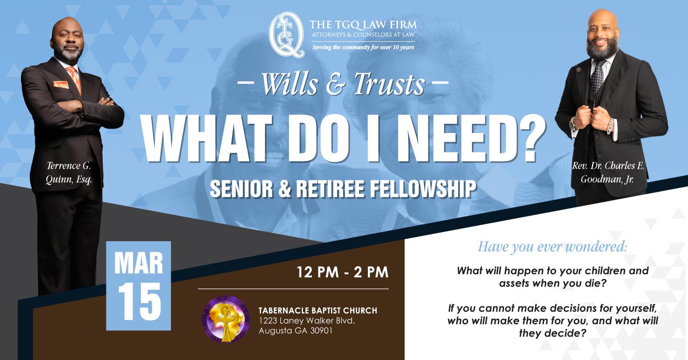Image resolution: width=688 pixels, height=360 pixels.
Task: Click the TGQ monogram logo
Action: tap(287, 35)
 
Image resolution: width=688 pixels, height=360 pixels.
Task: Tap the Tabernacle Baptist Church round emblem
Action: tap(225, 320)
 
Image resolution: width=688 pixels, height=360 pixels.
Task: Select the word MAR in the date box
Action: tap(139, 263)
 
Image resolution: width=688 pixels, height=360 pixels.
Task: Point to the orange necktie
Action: tap(75, 80)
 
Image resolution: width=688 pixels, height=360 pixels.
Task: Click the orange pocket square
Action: tap(61, 84)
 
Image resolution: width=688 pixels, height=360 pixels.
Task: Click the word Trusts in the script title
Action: tap(389, 84)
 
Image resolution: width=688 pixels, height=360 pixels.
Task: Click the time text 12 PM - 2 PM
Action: tap(343, 272)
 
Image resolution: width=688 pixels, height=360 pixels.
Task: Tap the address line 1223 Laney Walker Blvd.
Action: tap(306, 321)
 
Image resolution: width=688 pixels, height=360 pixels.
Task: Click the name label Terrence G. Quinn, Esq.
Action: tap(69, 172)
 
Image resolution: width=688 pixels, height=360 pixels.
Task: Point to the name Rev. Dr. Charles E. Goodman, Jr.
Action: tap(608, 172)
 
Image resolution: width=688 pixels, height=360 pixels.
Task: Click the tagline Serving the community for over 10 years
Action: tap(363, 47)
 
